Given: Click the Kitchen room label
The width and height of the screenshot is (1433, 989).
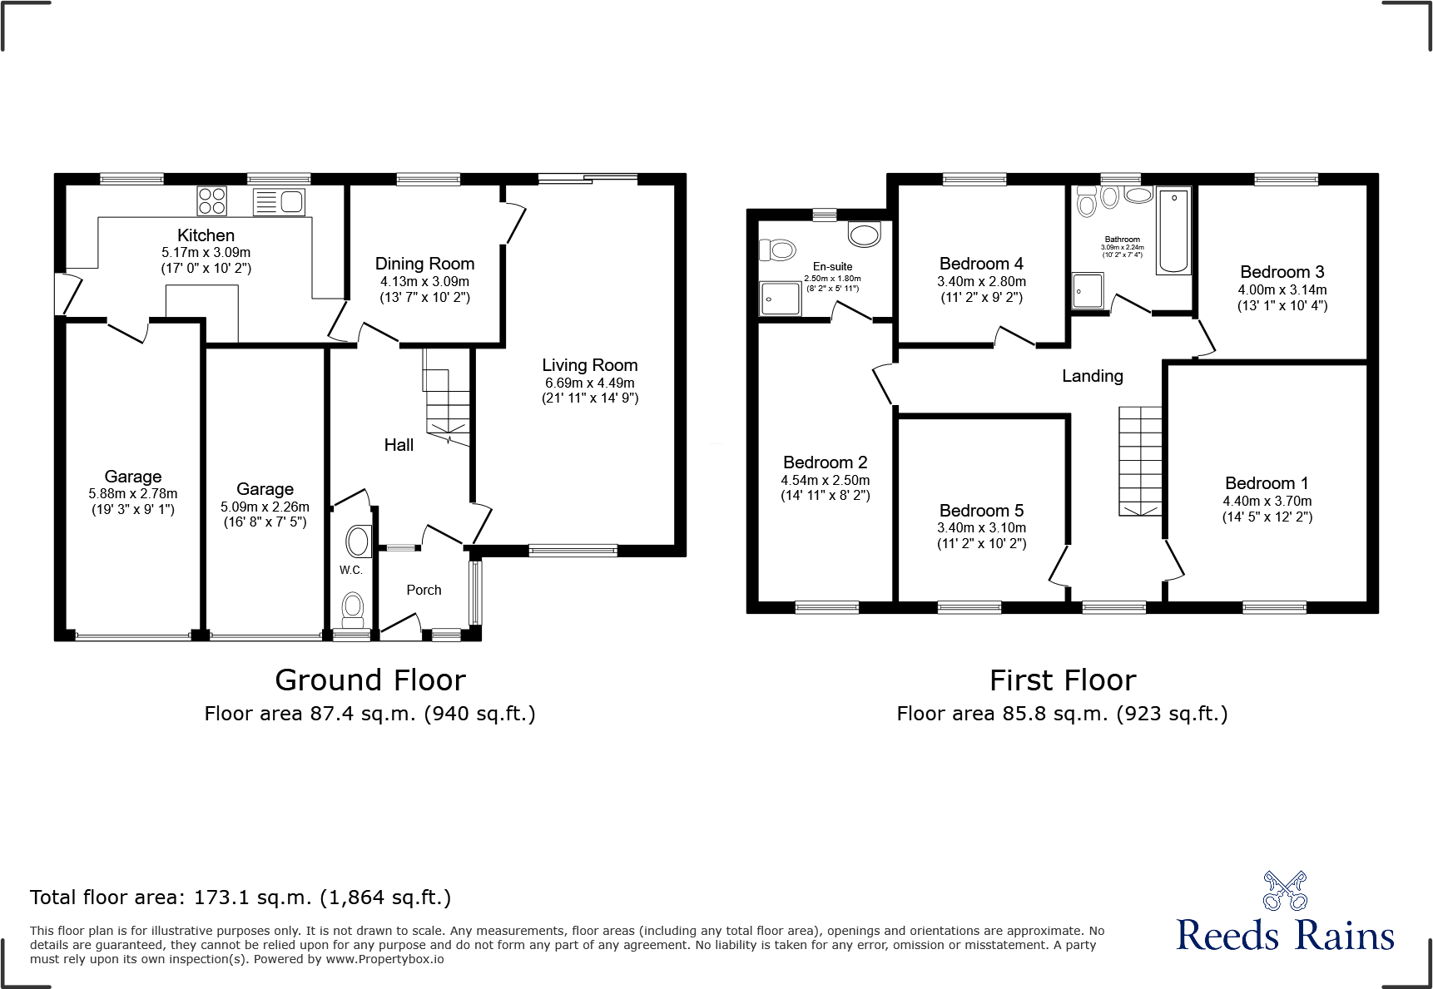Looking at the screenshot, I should click(x=206, y=235).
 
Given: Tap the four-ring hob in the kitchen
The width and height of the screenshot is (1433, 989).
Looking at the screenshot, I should click(x=211, y=201).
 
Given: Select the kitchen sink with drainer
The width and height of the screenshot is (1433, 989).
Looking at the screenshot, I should click(x=279, y=201).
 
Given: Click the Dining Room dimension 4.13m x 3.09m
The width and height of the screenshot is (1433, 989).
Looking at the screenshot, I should click(x=424, y=281).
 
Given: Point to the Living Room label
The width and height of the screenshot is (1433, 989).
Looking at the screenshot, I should click(x=589, y=365).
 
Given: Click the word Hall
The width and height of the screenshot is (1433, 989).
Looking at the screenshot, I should click(x=399, y=445).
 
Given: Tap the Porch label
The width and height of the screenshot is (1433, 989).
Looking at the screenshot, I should click(x=424, y=590).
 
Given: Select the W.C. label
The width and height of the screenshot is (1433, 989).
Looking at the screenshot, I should click(x=350, y=570).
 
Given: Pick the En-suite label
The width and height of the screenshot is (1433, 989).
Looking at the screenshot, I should click(x=832, y=267).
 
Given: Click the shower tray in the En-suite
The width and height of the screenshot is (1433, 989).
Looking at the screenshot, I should click(x=781, y=299).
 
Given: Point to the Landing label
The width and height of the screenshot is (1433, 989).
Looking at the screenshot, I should click(x=1092, y=376).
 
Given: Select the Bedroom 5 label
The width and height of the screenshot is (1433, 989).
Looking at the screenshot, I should click(x=981, y=511).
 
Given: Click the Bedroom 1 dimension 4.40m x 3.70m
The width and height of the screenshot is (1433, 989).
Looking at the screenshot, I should click(x=1267, y=501).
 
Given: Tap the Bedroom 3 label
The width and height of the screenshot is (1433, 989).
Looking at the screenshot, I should click(x=1282, y=272).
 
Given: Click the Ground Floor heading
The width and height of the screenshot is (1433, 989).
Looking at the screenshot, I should click(x=369, y=680).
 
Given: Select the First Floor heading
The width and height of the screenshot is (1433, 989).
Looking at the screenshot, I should click(x=1062, y=680).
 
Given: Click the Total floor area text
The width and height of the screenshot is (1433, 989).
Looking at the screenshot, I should click(x=240, y=898).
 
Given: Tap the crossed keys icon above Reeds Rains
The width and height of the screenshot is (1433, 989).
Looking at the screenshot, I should click(x=1285, y=891).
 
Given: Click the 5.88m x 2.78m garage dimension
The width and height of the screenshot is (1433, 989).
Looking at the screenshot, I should click(x=133, y=493).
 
